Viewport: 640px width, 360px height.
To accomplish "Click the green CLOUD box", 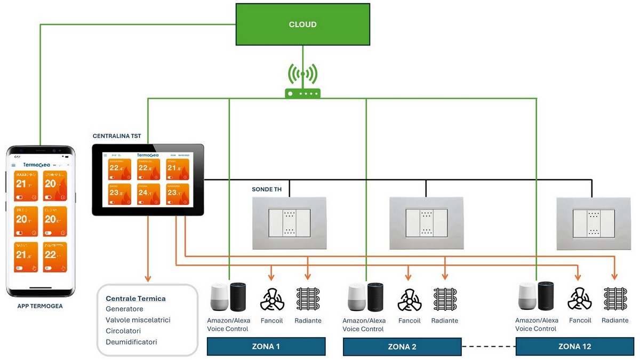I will [x=302, y=24].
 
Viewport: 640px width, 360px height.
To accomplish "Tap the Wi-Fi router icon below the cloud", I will [x=302, y=85].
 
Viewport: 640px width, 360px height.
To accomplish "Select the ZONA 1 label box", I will [x=266, y=347].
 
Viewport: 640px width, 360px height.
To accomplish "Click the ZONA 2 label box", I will [x=402, y=347].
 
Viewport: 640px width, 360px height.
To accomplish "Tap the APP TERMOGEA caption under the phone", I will [x=40, y=306].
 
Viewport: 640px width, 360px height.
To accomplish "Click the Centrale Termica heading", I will [x=136, y=298].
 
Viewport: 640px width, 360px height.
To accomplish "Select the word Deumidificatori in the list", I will [x=131, y=342].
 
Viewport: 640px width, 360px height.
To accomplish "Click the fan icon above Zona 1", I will [x=271, y=299].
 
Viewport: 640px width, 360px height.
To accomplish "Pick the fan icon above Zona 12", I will [x=579, y=299].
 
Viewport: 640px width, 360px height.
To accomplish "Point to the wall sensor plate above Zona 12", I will [x=593, y=223].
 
